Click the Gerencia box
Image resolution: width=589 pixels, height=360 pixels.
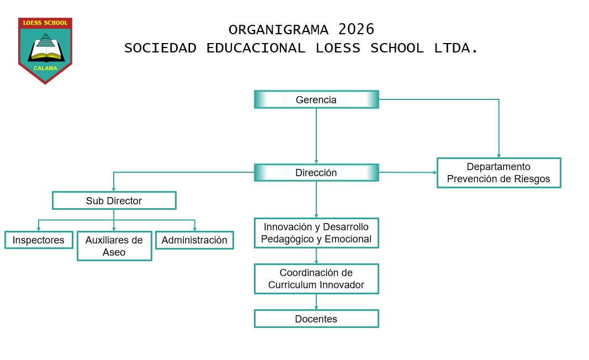click(316, 99)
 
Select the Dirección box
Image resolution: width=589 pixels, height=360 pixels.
click(316, 172)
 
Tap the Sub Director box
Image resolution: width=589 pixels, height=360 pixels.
click(114, 200)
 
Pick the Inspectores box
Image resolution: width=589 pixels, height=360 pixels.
click(39, 240)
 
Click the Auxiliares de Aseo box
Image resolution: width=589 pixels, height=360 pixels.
click(114, 246)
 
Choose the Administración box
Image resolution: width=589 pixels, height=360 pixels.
click(194, 240)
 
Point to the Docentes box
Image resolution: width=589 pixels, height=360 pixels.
click(316, 319)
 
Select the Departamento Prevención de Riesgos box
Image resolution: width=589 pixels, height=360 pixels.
click(499, 173)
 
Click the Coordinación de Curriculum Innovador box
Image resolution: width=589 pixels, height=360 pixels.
click(316, 279)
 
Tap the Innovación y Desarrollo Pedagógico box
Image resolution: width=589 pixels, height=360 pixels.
click(316, 233)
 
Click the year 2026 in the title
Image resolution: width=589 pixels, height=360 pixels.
click(356, 29)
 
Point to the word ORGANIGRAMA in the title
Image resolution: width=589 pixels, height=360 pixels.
click(278, 30)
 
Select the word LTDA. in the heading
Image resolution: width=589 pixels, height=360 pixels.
click(456, 48)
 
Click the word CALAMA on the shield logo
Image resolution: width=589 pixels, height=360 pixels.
click(45, 68)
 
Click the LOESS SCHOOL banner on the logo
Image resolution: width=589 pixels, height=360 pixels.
click(45, 23)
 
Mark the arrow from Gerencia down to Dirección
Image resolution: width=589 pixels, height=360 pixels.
click(316, 136)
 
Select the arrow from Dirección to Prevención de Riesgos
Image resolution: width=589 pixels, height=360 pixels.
click(408, 172)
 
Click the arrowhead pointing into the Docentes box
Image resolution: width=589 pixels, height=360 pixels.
click(316, 308)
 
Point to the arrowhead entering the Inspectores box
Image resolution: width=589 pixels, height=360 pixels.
click(38, 229)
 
